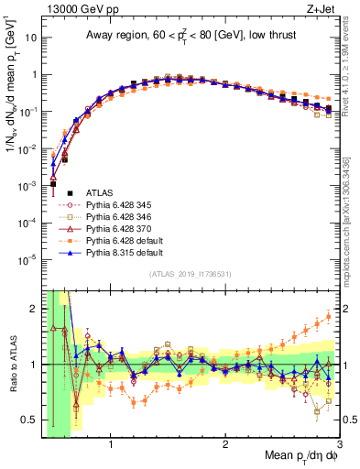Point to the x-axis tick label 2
click(225, 448)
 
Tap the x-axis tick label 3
click(339, 448)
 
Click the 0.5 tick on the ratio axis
click(29, 420)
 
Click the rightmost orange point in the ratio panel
click(328, 318)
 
